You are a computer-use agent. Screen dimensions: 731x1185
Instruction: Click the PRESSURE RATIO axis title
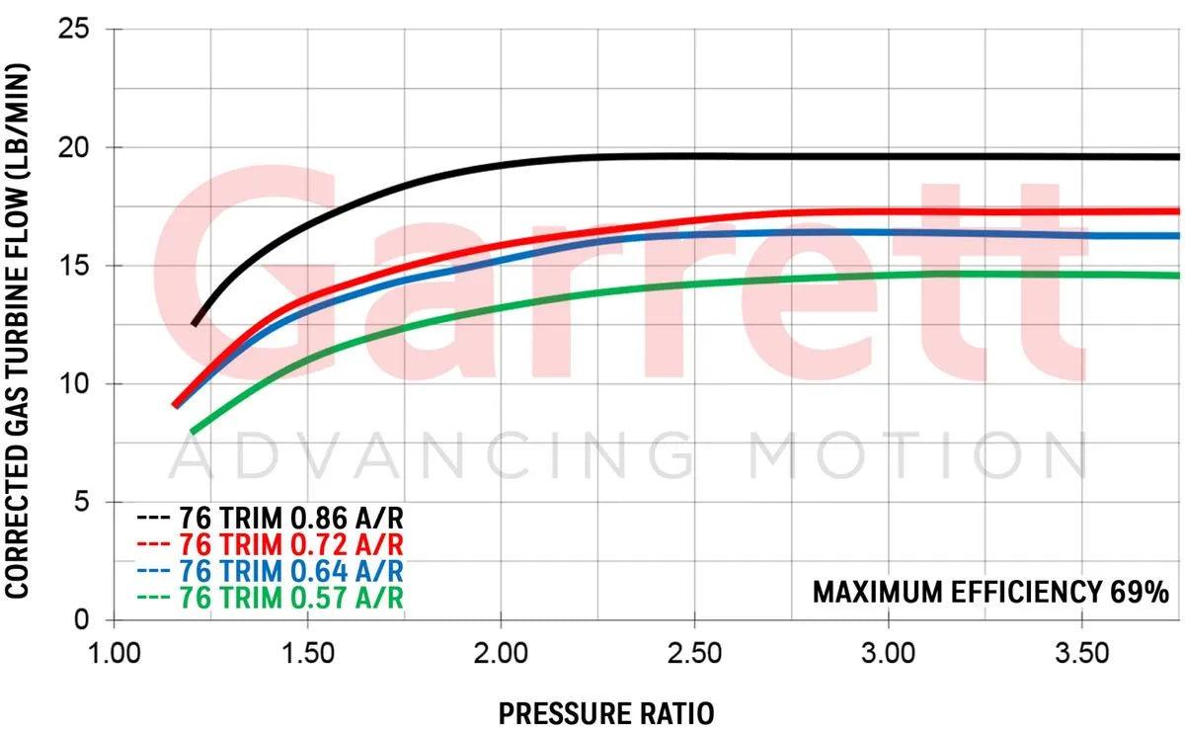pyautogui.click(x=604, y=712)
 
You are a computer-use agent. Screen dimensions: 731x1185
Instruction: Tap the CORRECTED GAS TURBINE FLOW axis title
pyautogui.click(x=19, y=331)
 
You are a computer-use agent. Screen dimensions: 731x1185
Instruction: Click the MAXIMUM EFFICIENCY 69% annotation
pyautogui.click(x=989, y=592)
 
